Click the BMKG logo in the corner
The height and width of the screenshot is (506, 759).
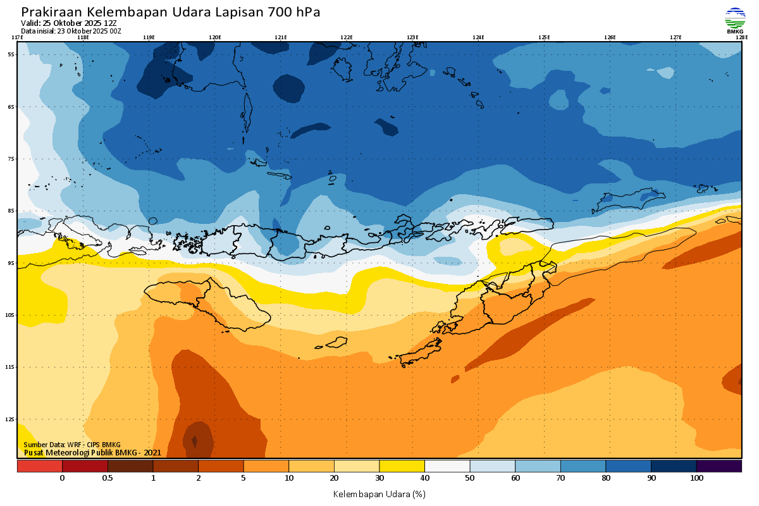point(734,20)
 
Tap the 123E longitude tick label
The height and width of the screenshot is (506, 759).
point(412,37)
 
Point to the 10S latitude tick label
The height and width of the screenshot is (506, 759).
point(11,315)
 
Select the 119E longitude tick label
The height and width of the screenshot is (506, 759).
point(149,37)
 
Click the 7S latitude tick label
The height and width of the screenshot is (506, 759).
point(11,159)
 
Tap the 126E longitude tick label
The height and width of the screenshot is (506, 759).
point(610,37)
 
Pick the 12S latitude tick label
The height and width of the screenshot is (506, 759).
point(11,419)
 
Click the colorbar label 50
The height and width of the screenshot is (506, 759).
point(470,478)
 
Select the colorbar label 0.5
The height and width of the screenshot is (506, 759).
point(108,478)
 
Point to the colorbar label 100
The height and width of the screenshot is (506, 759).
point(696,478)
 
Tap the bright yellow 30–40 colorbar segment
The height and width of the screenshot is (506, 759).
point(402,466)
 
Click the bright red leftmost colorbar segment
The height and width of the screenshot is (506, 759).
point(39,466)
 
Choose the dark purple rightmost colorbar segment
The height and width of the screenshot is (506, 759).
point(719,466)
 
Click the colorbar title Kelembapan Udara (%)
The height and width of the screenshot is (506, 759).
point(379,493)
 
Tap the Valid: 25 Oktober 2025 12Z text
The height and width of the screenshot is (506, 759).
point(68,23)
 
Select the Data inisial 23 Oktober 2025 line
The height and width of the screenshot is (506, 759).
point(71,30)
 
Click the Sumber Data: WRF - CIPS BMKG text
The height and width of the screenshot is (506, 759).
point(71,445)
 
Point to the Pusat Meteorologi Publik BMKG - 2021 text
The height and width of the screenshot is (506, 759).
point(92,452)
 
